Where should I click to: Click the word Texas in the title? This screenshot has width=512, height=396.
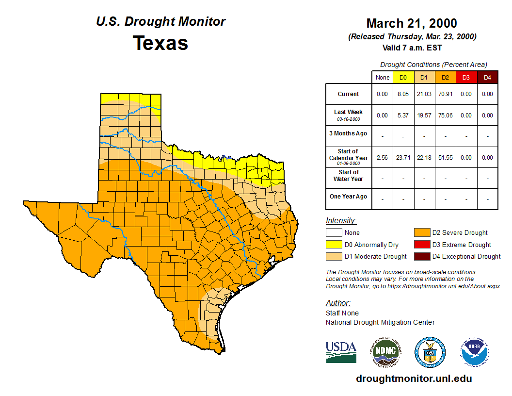pyautogui.click(x=160, y=43)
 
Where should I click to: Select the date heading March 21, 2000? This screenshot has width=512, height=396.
pyautogui.click(x=412, y=23)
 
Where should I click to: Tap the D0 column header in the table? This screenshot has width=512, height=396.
pyautogui.click(x=403, y=77)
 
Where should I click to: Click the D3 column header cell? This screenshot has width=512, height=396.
pyautogui.click(x=466, y=77)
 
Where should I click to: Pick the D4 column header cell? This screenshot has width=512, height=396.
pyautogui.click(x=487, y=77)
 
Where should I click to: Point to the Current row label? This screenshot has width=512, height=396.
pyautogui.click(x=349, y=94)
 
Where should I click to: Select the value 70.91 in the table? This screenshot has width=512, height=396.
pyautogui.click(x=445, y=94)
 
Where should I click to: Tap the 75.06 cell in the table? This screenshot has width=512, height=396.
pyautogui.click(x=445, y=115)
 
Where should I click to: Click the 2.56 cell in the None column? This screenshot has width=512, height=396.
pyautogui.click(x=382, y=157)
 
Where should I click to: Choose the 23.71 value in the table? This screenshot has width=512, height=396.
pyautogui.click(x=403, y=157)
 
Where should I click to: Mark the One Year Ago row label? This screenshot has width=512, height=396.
pyautogui.click(x=349, y=197)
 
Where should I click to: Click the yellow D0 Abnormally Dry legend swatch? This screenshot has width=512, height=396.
pyautogui.click(x=333, y=245)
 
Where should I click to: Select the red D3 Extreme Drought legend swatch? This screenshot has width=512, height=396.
pyautogui.click(x=421, y=245)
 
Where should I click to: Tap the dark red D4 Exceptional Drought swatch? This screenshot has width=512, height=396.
pyautogui.click(x=421, y=256)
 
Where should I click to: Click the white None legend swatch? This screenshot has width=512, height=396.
pyautogui.click(x=333, y=233)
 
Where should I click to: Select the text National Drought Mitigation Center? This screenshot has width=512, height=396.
pyautogui.click(x=380, y=322)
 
